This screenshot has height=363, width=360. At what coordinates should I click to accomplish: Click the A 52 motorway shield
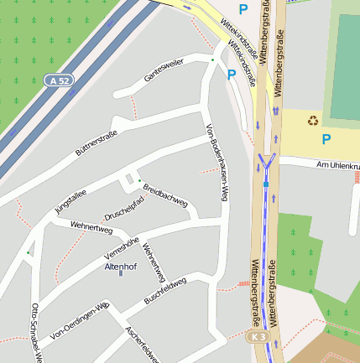[56, 80]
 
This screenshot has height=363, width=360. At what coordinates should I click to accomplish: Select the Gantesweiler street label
[164, 71]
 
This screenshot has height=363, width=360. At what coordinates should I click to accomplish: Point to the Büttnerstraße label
[97, 142]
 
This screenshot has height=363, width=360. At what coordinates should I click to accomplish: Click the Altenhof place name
[119, 267]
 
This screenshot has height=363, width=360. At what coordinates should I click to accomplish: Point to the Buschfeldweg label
[164, 293]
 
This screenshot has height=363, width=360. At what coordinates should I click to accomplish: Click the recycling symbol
[313, 120]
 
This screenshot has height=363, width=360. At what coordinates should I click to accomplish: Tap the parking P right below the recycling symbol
[326, 139]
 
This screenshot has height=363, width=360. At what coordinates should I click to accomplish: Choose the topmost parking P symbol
[243, 9]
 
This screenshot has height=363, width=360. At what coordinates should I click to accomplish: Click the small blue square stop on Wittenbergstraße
[266, 183]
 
